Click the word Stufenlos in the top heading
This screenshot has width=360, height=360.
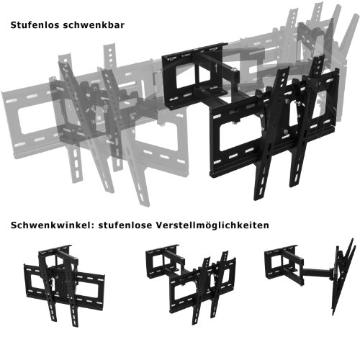pyautogui.click(x=34, y=25)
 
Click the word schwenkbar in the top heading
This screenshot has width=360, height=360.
pyautogui.click(x=94, y=25)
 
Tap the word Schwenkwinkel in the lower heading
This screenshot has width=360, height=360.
pyautogui.click(x=50, y=225)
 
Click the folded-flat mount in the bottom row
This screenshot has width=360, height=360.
pyautogui.click(x=64, y=284)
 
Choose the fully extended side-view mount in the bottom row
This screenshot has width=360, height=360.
pyautogui.click(x=310, y=276)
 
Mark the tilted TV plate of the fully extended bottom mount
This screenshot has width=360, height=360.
pyautogui.click(x=343, y=276)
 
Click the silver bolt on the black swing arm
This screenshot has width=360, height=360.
pyautogui.click(x=233, y=70)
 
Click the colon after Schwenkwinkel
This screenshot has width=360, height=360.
pyautogui.click(x=90, y=226)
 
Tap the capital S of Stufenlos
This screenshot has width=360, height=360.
pyautogui.click(x=13, y=25)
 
